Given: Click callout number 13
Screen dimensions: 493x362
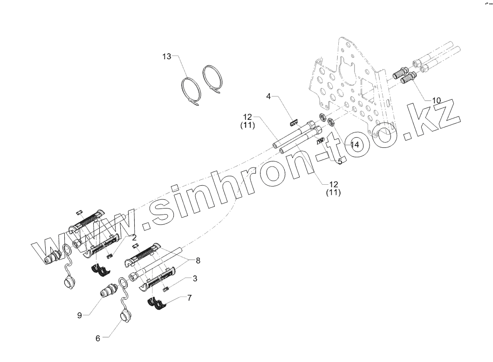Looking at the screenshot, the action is coord(167,57).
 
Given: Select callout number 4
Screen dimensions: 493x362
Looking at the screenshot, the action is coord(268,96).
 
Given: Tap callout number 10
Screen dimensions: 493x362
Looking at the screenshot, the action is coord(436,100).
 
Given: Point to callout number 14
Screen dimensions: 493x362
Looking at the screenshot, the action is coord(355,145).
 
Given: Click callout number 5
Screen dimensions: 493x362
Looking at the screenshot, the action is coord(340,161).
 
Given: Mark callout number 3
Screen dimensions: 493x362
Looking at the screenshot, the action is coord(195,278).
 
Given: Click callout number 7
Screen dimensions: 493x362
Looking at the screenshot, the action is coord(189,297).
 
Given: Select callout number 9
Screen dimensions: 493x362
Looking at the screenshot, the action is coord(80,315).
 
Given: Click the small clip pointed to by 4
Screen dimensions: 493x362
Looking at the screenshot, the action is coord(294,123).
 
